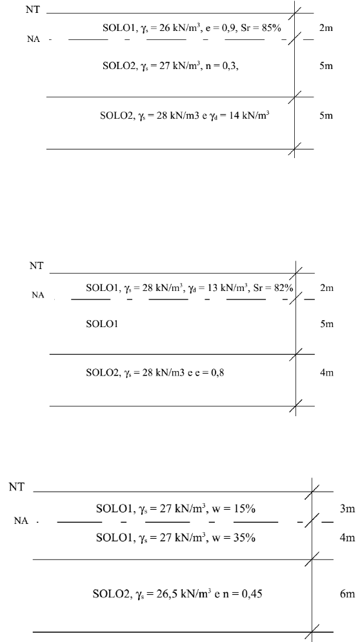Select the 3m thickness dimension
tap(347, 509)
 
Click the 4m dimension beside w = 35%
tap(347, 537)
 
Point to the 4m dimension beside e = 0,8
tap(327, 372)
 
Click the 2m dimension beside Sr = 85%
tap(326, 28)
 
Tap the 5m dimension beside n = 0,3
tap(326, 66)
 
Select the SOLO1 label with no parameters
tap(102, 325)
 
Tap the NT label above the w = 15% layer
tap(16, 487)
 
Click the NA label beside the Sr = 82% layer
tap(37, 296)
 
